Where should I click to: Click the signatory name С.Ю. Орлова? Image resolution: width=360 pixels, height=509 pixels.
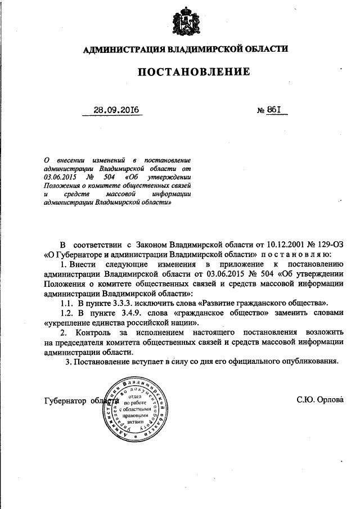point(318,400)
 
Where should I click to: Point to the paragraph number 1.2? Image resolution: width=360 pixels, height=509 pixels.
point(67,313)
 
